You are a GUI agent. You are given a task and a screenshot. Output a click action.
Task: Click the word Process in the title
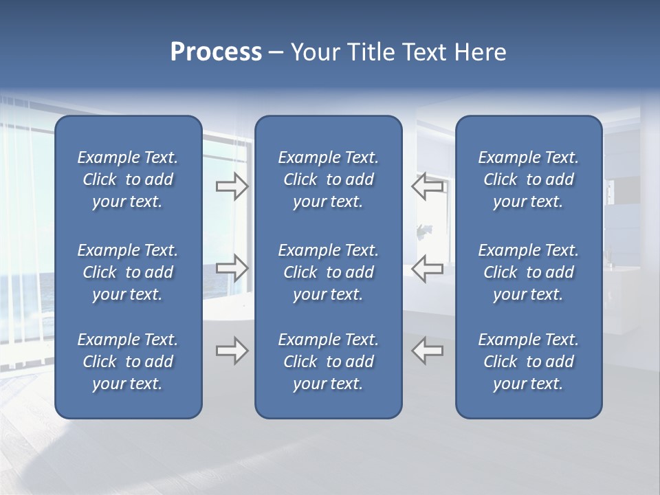pyautogui.click(x=216, y=52)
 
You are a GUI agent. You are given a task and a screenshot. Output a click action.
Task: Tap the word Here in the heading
pyautogui.click(x=480, y=52)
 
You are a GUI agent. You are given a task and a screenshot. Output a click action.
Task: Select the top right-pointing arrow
pyautogui.click(x=232, y=186)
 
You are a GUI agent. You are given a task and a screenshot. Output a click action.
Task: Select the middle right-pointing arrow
pyautogui.click(x=232, y=268)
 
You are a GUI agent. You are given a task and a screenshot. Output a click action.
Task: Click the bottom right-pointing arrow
pyautogui.click(x=232, y=351)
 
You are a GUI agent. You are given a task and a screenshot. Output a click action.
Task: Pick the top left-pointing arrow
pyautogui.click(x=428, y=186)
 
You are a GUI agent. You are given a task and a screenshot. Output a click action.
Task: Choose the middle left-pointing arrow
pyautogui.click(x=428, y=268)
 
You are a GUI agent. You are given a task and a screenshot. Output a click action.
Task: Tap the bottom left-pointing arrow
pyautogui.click(x=428, y=351)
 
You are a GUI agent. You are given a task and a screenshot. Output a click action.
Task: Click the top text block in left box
pyautogui.click(x=128, y=179)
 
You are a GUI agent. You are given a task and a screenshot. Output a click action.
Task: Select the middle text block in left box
pyautogui.click(x=128, y=272)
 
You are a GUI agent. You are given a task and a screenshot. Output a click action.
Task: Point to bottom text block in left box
pyautogui.click(x=128, y=362)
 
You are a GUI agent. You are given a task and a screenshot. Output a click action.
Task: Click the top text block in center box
pyautogui.click(x=328, y=179)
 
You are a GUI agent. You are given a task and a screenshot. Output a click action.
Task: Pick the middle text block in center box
pyautogui.click(x=328, y=272)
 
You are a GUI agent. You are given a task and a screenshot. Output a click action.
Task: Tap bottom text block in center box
pyautogui.click(x=328, y=362)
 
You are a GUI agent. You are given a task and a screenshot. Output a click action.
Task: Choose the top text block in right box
pyautogui.click(x=528, y=179)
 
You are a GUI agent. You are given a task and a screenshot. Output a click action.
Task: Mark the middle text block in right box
pyautogui.click(x=528, y=272)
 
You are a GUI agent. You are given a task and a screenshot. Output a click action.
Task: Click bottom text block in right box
pyautogui.click(x=528, y=362)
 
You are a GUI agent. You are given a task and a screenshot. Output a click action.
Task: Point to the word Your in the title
pyautogui.click(x=314, y=52)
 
